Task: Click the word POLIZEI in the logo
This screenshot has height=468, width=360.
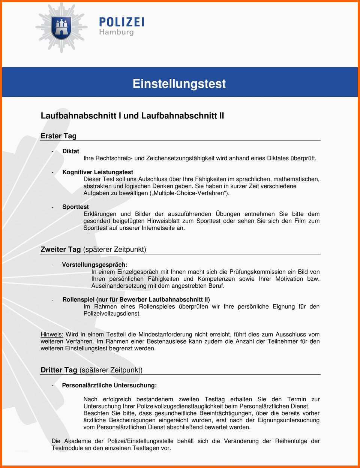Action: point(121,22)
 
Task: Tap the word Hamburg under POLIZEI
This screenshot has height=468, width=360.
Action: point(116,32)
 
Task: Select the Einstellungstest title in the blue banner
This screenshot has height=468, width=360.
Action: point(179,83)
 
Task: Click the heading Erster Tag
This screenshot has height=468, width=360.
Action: point(58,136)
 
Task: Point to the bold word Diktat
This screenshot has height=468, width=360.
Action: point(70,151)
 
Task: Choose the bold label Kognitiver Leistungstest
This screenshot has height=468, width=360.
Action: point(97,172)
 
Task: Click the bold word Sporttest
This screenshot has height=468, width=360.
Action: point(75,207)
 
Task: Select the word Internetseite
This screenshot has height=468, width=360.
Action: point(159,228)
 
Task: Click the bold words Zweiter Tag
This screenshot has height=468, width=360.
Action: point(60,250)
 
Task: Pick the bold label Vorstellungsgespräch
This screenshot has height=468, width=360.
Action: point(94,265)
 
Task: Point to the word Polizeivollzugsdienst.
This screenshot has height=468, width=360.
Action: point(112,314)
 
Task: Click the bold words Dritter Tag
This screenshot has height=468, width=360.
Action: point(59,370)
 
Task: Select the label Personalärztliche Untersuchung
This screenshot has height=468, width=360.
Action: point(109,385)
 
